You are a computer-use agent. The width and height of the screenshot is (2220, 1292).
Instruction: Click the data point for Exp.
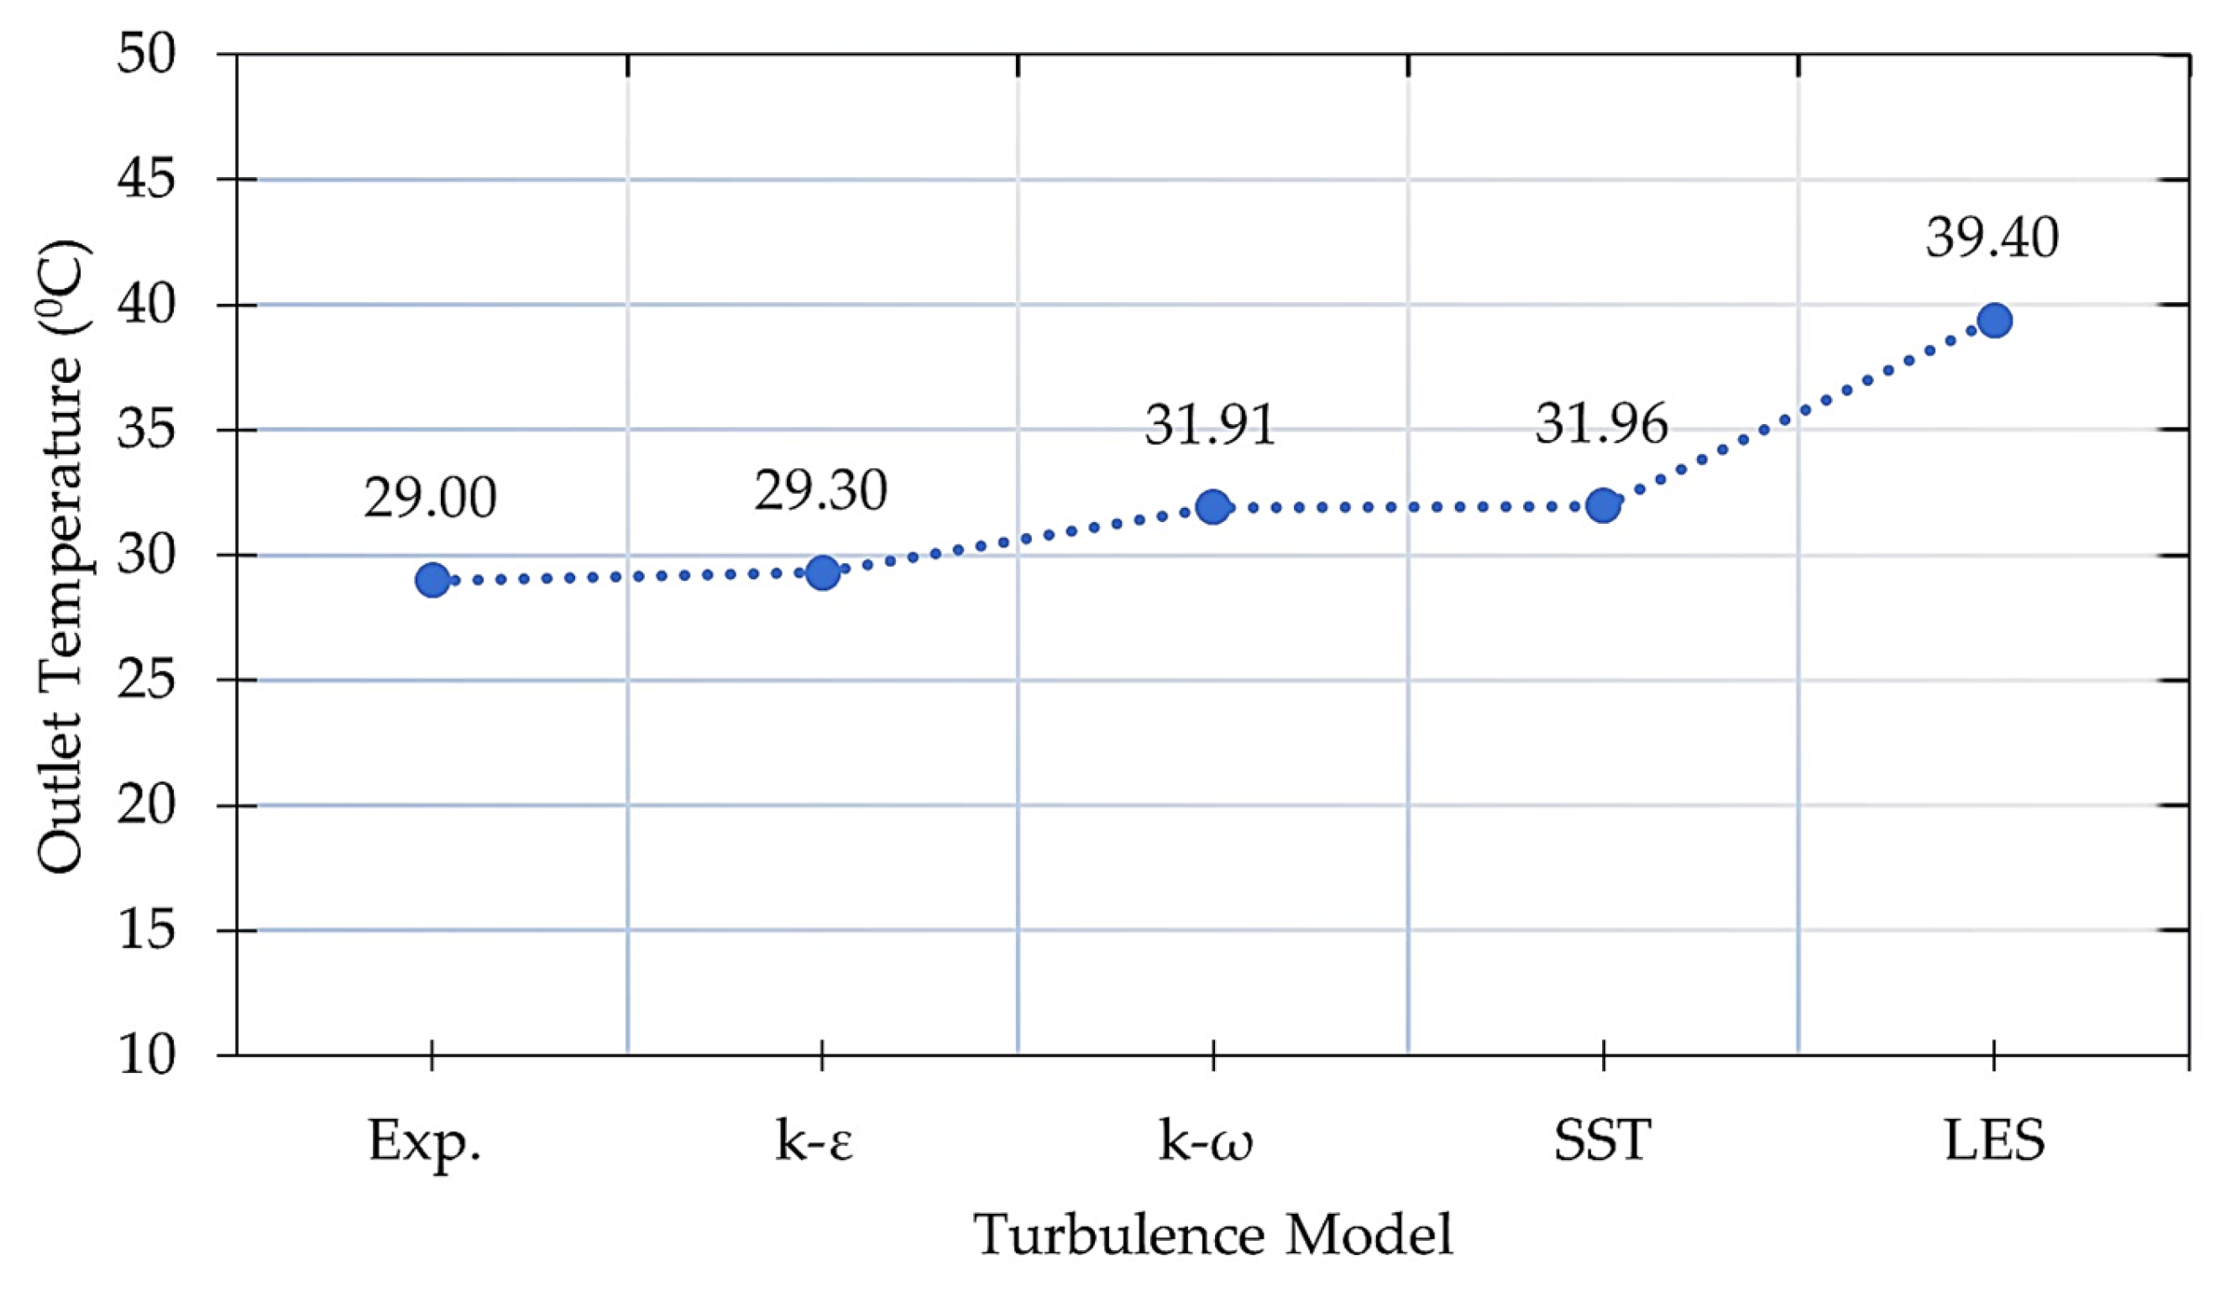pos(432,579)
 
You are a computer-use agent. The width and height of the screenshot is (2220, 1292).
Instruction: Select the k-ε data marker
pos(823,573)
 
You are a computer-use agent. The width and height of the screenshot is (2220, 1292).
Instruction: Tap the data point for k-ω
pos(1213,506)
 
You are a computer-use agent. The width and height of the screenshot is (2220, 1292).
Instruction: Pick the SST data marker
pos(1604,505)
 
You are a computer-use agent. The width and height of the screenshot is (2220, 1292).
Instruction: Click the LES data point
pos(1993,321)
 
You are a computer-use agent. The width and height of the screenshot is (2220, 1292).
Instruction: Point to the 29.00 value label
pos(430,499)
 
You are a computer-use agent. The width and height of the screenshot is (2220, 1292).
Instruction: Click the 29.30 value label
pos(820,491)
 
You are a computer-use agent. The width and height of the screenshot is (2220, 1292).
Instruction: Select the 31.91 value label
pos(1211,426)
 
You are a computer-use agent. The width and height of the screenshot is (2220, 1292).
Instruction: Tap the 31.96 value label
pos(1601,425)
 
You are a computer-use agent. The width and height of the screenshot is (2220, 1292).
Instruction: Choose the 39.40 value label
pos(1992,238)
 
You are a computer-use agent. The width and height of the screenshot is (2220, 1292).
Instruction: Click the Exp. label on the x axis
pos(425,1143)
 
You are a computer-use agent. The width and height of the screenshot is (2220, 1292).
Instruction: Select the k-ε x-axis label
pos(815,1143)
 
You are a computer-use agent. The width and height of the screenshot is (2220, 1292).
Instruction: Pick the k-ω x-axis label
pos(1205,1143)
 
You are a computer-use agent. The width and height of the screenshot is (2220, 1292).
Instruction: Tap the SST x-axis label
pos(1601,1143)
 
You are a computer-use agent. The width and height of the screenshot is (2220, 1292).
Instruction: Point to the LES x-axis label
pos(1994,1143)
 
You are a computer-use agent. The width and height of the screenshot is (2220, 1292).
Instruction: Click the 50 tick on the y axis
pos(147,55)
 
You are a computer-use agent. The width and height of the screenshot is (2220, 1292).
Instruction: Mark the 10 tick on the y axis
pos(147,1054)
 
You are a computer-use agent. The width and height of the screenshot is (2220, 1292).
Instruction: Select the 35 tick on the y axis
pos(147,430)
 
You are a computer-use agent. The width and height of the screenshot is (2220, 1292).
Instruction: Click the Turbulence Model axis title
pos(1213,1235)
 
